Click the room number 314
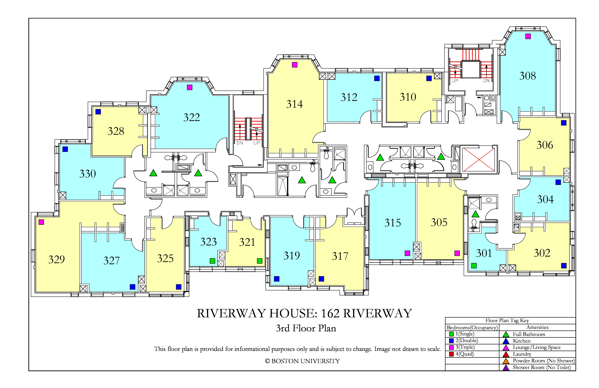(294, 104)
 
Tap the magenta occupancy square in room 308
(528, 36)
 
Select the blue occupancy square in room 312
(377, 78)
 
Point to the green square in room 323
(212, 261)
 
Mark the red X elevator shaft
(479, 159)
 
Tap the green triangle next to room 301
(475, 214)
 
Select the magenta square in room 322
(190, 87)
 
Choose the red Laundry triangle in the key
(506, 354)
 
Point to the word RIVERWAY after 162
(377, 313)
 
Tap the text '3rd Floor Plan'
(306, 328)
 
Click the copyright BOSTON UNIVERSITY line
(302, 361)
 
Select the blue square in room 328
(98, 112)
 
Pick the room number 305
(439, 222)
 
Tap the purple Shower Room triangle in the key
(506, 368)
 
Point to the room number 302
(542, 253)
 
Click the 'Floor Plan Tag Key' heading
(507, 321)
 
